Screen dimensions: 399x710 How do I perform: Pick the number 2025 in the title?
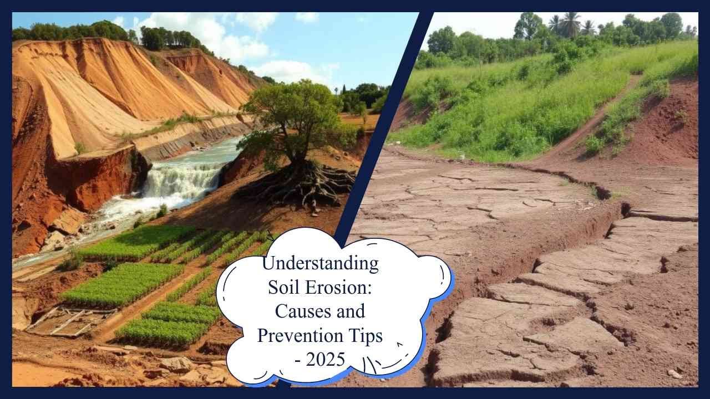click(327, 360)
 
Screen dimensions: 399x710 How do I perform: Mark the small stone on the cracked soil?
click(674, 374)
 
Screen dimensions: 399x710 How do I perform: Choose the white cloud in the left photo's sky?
click(244, 39)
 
